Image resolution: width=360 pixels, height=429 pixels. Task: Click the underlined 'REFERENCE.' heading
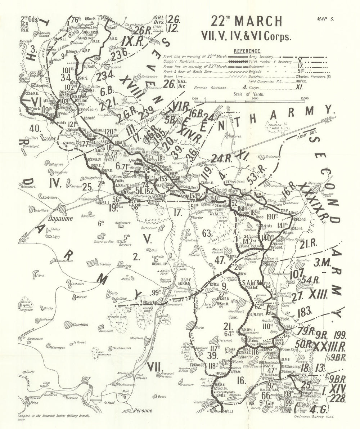tap(248, 51)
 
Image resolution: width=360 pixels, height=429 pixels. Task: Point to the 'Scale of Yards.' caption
tap(248, 94)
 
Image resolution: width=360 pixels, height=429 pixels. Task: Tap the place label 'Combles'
tap(80, 325)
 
